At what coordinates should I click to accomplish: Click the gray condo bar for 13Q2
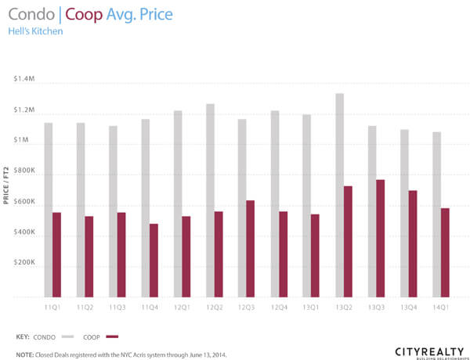click(339, 195)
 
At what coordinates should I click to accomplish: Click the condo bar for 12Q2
click(210, 200)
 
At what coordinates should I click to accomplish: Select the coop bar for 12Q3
click(251, 248)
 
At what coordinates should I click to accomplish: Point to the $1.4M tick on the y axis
click(24, 81)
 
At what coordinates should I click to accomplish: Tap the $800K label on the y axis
click(24, 172)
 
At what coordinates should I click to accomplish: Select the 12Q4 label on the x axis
click(278, 308)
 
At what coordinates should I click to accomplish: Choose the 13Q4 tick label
click(407, 308)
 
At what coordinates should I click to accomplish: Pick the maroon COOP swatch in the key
click(111, 337)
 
